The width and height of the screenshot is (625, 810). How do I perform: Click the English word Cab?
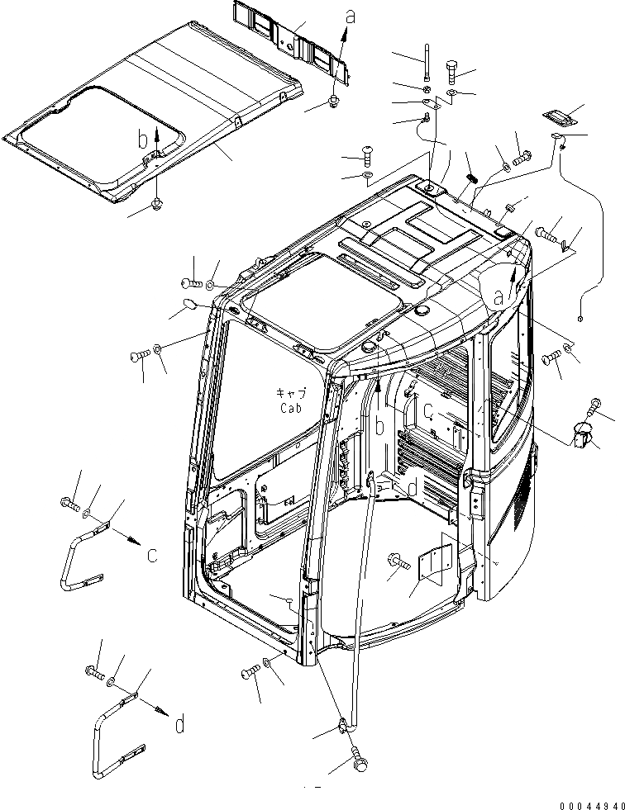pyautogui.click(x=291, y=407)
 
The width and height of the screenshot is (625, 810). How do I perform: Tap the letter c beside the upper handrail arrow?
pyautogui.click(x=151, y=555)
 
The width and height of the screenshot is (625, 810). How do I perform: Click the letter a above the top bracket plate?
pyautogui.click(x=351, y=15)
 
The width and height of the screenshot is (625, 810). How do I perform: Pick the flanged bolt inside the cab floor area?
pyautogui.click(x=398, y=562)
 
